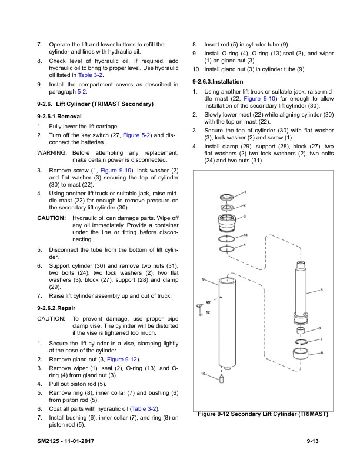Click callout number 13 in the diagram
pyautogui.click(x=245, y=235)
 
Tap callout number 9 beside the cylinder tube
pyautogui.click(x=203, y=279)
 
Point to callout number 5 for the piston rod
pyautogui.click(x=322, y=290)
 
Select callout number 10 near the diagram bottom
pyautogui.click(x=203, y=374)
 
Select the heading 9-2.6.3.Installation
pyautogui.click(x=219, y=81)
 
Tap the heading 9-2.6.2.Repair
pyautogui.click(x=56, y=308)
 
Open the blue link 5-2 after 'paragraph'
pyautogui.click(x=82, y=92)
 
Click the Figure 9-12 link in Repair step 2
pyautogui.click(x=123, y=359)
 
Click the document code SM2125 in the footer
pyautogui.click(x=49, y=441)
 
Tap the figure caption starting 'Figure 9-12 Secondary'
pyautogui.click(x=262, y=414)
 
